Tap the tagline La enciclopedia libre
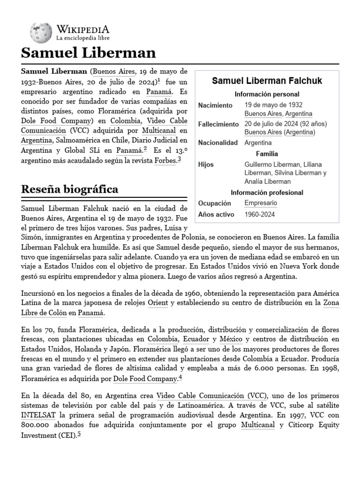(x=83, y=37)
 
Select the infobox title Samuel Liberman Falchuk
(x=261, y=81)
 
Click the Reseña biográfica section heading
(x=69, y=189)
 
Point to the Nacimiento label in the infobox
(x=215, y=105)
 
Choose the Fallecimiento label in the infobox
(x=218, y=124)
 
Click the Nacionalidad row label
(x=218, y=142)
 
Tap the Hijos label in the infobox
(x=206, y=165)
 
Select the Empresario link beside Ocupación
(x=261, y=203)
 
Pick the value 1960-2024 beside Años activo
(x=260, y=214)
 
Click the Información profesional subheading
(x=267, y=193)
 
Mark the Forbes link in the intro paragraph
(x=165, y=161)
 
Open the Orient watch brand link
(x=157, y=303)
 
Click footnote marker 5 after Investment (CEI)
(x=79, y=434)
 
